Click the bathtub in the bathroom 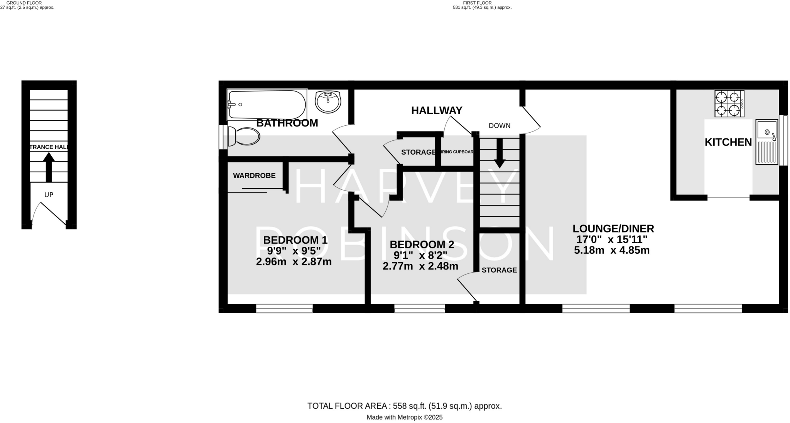267,104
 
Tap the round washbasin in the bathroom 328,102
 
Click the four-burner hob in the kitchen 729,103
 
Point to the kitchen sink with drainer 766,142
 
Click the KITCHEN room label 728,142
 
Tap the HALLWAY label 437,111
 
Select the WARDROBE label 254,176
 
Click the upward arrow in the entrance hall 49,167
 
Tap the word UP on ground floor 49,195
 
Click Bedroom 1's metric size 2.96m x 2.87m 294,262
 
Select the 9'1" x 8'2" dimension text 420,255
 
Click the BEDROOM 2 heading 422,244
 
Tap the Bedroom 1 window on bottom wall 284,308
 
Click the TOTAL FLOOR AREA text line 404,406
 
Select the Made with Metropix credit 404,417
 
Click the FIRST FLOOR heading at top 477,3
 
